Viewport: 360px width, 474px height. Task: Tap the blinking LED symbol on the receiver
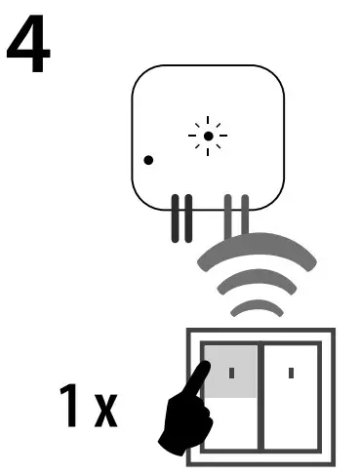[x=207, y=137]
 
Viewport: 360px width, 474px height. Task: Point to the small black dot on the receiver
[x=147, y=159]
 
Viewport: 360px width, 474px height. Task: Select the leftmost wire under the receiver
[x=176, y=218]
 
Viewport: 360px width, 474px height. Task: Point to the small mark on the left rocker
[x=231, y=372]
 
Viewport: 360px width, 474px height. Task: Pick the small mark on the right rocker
[x=294, y=372]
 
